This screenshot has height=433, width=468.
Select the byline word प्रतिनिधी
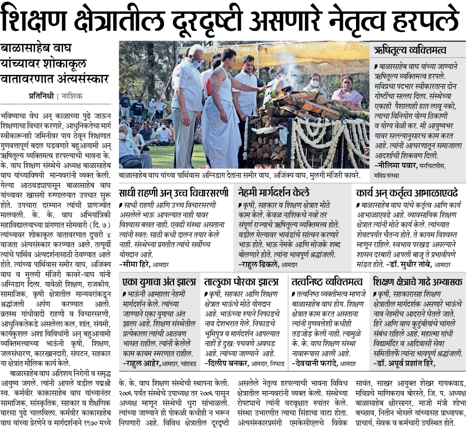(41, 96)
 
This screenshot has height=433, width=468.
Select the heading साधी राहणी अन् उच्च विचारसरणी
(174, 193)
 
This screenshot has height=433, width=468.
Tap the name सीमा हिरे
(137, 264)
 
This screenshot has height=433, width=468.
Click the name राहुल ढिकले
(259, 264)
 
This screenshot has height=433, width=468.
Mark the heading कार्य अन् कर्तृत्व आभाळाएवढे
(407, 193)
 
